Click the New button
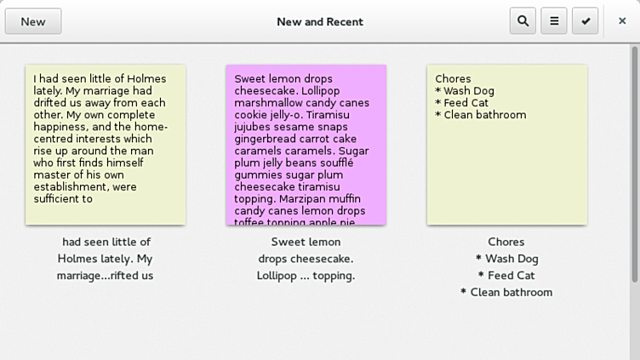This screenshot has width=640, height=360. [x=33, y=21]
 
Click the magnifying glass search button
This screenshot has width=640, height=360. [x=523, y=21]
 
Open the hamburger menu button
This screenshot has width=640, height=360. [x=554, y=21]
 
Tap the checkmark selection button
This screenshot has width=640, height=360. [x=586, y=21]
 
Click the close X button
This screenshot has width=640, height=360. [x=622, y=21]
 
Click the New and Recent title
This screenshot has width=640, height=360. [x=320, y=21]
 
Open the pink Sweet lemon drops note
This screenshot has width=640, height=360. [x=306, y=145]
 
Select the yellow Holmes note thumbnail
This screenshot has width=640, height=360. [x=106, y=145]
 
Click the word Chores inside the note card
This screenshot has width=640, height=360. [x=453, y=79]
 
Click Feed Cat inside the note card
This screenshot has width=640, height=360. [x=466, y=103]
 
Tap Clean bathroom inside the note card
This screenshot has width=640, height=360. [x=484, y=115]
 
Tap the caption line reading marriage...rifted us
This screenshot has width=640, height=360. [x=106, y=276]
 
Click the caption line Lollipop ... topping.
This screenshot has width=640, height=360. [x=306, y=276]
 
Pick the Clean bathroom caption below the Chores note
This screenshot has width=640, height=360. [x=506, y=293]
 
